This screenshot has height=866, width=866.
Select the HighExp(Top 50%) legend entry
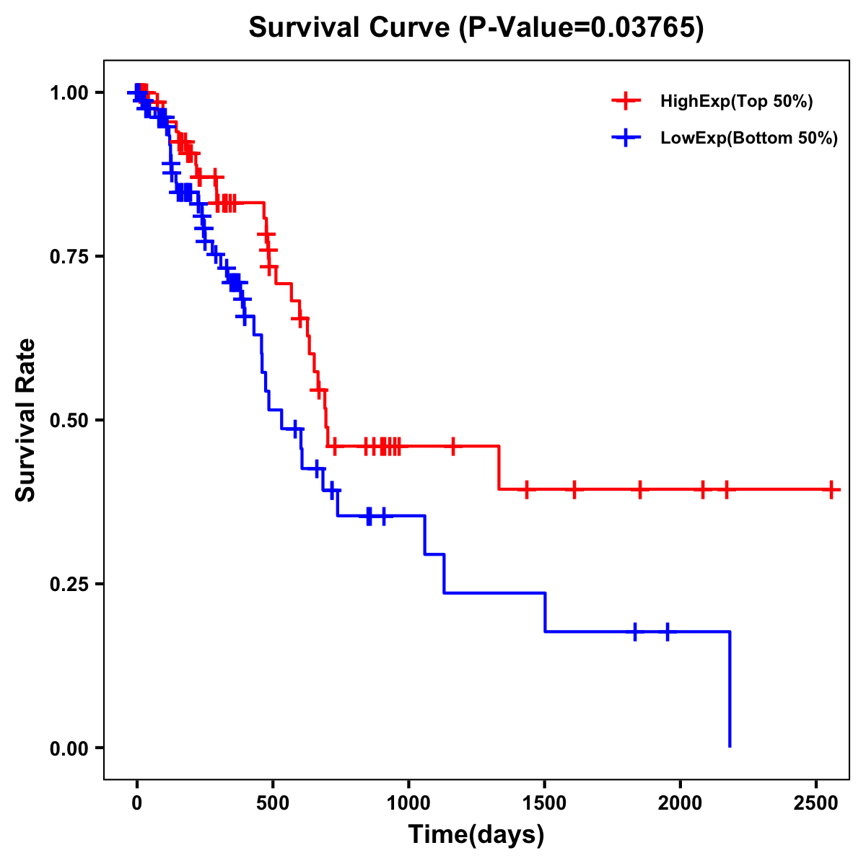coord(736,102)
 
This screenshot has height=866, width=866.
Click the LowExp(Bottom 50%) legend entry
coord(748,139)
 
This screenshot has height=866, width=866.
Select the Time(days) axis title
coord(476,835)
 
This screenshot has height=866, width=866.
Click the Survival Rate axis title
coord(26,420)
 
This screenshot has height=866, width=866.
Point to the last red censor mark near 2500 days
coord(831,489)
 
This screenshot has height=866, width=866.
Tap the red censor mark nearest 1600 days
coord(574,489)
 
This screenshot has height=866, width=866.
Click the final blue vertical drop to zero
coord(730,689)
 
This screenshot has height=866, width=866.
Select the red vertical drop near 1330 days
coord(499,468)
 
